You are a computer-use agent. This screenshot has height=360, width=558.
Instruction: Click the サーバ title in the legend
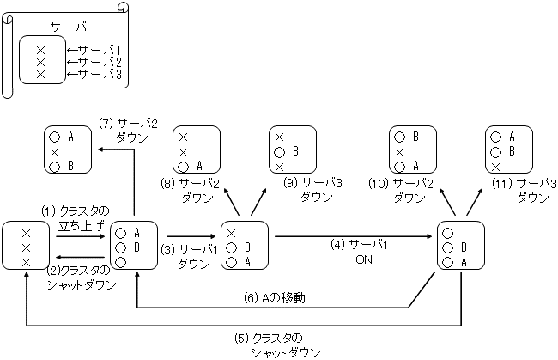click(x=64, y=27)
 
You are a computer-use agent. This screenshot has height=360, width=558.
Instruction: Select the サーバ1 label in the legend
click(x=97, y=50)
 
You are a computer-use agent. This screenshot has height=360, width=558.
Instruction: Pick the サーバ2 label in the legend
click(x=97, y=63)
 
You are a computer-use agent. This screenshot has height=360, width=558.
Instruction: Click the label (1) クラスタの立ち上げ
click(x=76, y=218)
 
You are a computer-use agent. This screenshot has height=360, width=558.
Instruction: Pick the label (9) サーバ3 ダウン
click(x=303, y=190)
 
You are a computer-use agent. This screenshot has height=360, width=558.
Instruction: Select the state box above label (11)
click(x=509, y=150)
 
